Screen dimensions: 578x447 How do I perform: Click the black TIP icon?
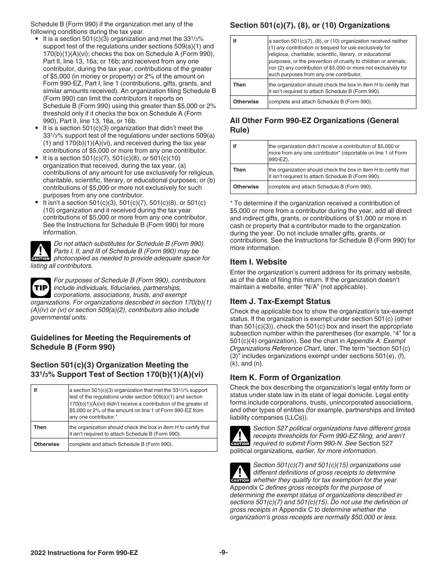coord(40,288)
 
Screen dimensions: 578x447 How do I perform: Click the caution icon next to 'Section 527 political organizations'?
coord(239,436)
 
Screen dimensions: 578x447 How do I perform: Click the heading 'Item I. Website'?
coord(258,262)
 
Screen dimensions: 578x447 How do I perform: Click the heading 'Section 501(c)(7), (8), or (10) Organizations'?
coord(310,25)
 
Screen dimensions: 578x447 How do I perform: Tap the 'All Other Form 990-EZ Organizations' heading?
coord(314,125)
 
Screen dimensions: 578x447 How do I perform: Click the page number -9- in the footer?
coord(223,553)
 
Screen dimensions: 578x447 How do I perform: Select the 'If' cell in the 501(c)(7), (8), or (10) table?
coord(235,41)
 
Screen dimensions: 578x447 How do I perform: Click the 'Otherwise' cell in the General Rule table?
coord(246,187)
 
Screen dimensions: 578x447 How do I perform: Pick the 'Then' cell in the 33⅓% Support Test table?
coord(40,427)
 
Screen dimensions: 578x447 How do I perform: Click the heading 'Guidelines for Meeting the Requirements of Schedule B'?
coord(111,343)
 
